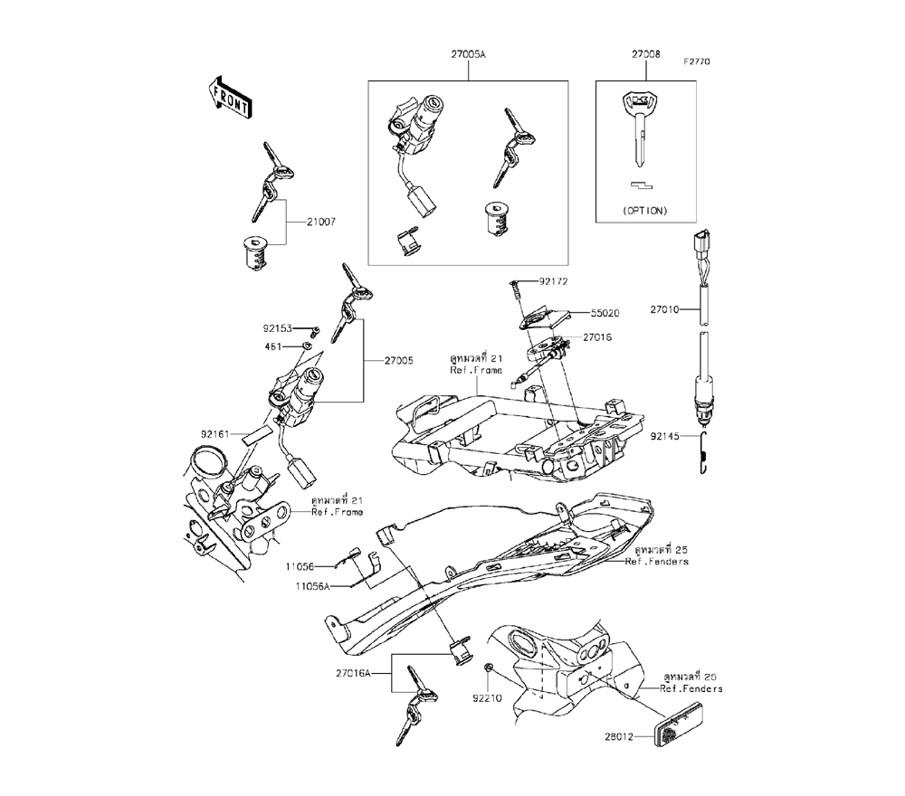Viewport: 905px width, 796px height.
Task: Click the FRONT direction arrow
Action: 229,95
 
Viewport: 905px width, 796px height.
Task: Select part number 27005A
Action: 468,55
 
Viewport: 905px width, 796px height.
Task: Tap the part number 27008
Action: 646,55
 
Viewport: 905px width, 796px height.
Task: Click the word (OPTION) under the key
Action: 646,211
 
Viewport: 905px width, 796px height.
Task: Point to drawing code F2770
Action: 698,62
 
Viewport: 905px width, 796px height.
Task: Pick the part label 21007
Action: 309,221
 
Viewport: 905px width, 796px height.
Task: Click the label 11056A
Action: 307,586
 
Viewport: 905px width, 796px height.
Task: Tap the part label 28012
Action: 631,738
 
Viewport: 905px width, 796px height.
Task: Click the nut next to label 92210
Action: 487,670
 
